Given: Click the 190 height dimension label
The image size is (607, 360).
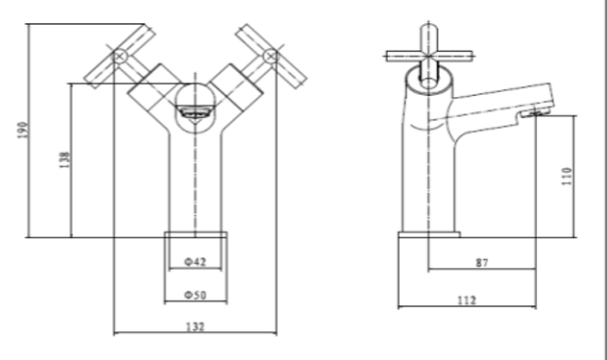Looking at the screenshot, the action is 23,131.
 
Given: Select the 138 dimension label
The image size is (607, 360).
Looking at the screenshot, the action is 64,159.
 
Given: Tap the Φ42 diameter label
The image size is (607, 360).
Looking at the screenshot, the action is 195,262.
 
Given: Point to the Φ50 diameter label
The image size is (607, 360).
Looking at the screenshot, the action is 195,296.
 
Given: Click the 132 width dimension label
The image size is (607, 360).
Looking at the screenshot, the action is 195,327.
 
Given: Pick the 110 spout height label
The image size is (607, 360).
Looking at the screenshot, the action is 567,176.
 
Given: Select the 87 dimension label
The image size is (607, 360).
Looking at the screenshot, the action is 482,263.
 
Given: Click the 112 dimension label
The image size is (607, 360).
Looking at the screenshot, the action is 467,300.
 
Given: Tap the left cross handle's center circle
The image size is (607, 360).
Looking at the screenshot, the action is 120,57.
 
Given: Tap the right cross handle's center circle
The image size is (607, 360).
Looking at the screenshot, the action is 271,57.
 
